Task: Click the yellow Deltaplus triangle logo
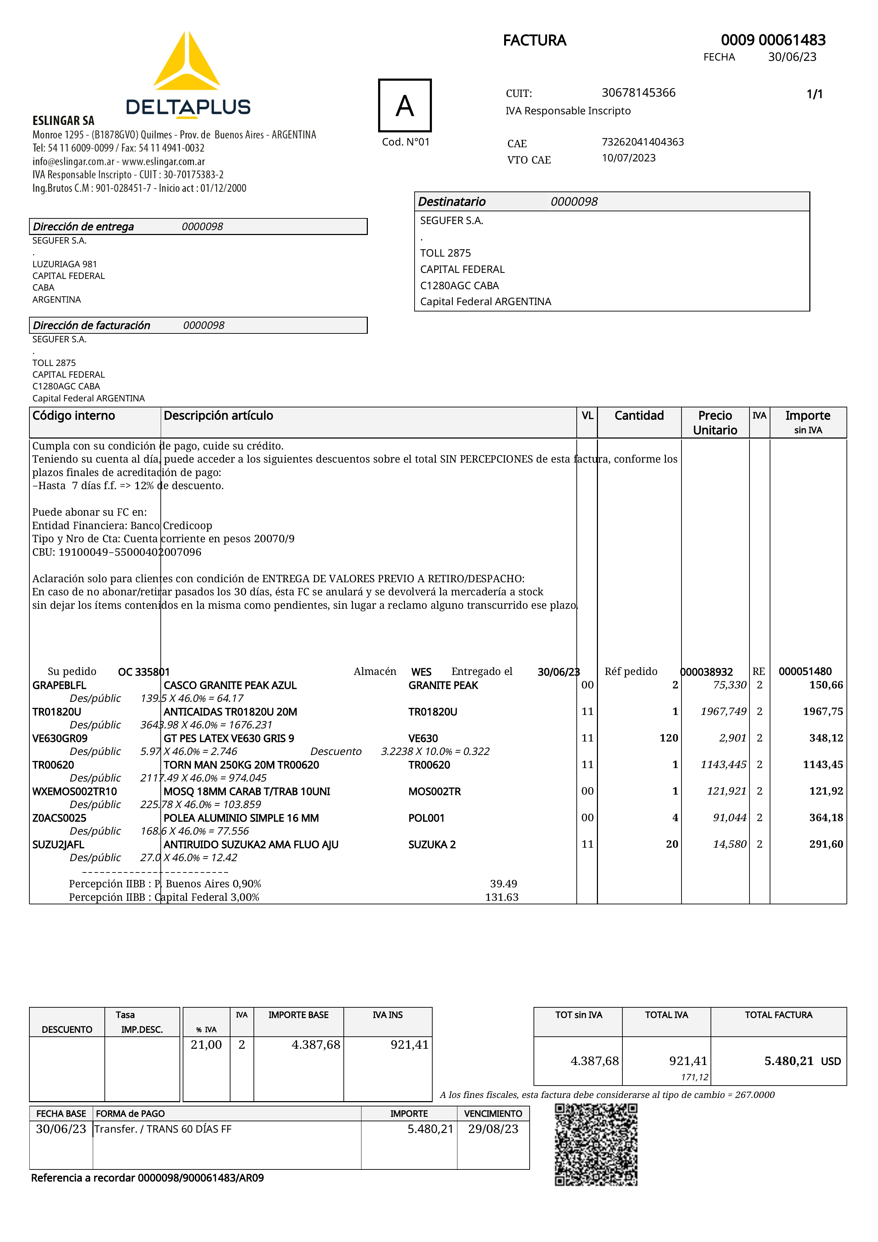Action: [x=187, y=62]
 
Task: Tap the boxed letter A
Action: [x=405, y=105]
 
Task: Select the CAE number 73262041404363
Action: [x=643, y=142]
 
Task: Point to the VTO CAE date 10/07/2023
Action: [x=629, y=158]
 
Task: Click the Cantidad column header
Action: [x=639, y=416]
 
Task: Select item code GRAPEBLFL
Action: [x=59, y=685]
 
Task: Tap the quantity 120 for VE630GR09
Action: [x=669, y=738]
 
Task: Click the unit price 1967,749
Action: [x=723, y=711]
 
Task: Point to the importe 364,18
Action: [x=826, y=817]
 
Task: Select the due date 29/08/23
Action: [x=493, y=1129]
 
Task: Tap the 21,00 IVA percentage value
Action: [x=206, y=1044]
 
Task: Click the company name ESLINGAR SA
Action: [x=63, y=121]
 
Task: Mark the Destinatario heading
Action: [x=452, y=202]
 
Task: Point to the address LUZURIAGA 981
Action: [x=65, y=264]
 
